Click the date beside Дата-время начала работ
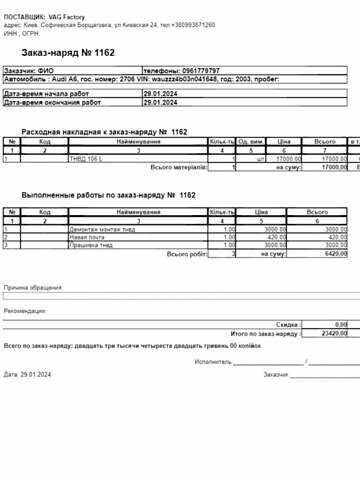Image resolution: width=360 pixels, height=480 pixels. tap(161, 94)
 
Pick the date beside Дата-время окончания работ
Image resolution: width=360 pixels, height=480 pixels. tap(161, 102)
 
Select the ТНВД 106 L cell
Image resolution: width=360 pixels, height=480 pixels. tap(85, 158)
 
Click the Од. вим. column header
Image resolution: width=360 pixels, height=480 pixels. tap(250, 142)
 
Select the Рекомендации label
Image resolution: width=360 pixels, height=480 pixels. tap(25, 311)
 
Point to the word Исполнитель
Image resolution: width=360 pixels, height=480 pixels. tap(214, 361)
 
